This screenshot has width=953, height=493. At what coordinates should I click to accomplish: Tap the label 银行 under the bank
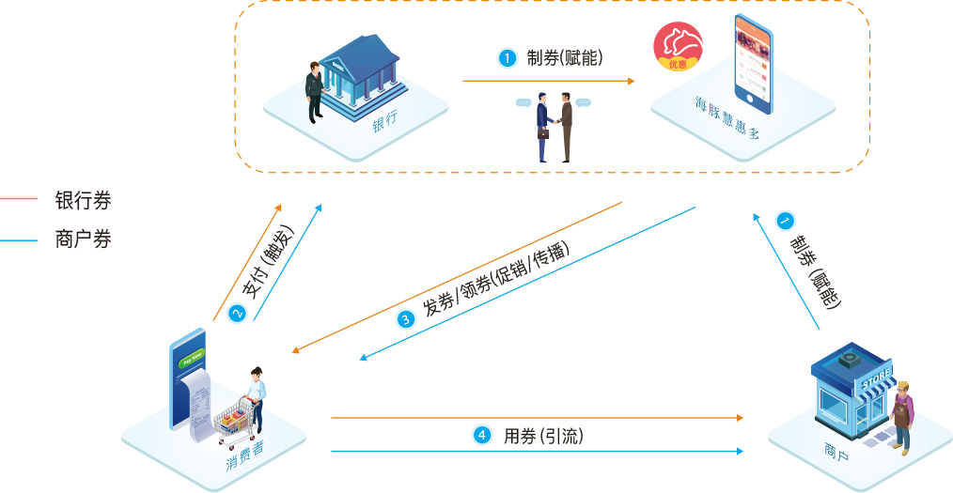click(x=384, y=121)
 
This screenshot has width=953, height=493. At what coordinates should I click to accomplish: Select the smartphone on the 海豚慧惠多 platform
click(x=757, y=61)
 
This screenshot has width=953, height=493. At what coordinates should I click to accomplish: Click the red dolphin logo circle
click(x=679, y=46)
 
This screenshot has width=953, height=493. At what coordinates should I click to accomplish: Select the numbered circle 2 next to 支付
click(x=236, y=314)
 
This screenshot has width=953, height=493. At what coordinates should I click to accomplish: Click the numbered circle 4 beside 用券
click(x=481, y=435)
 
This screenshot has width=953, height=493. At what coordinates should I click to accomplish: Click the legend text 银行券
click(x=83, y=200)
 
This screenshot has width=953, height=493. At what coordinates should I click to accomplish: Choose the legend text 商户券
click(x=83, y=239)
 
